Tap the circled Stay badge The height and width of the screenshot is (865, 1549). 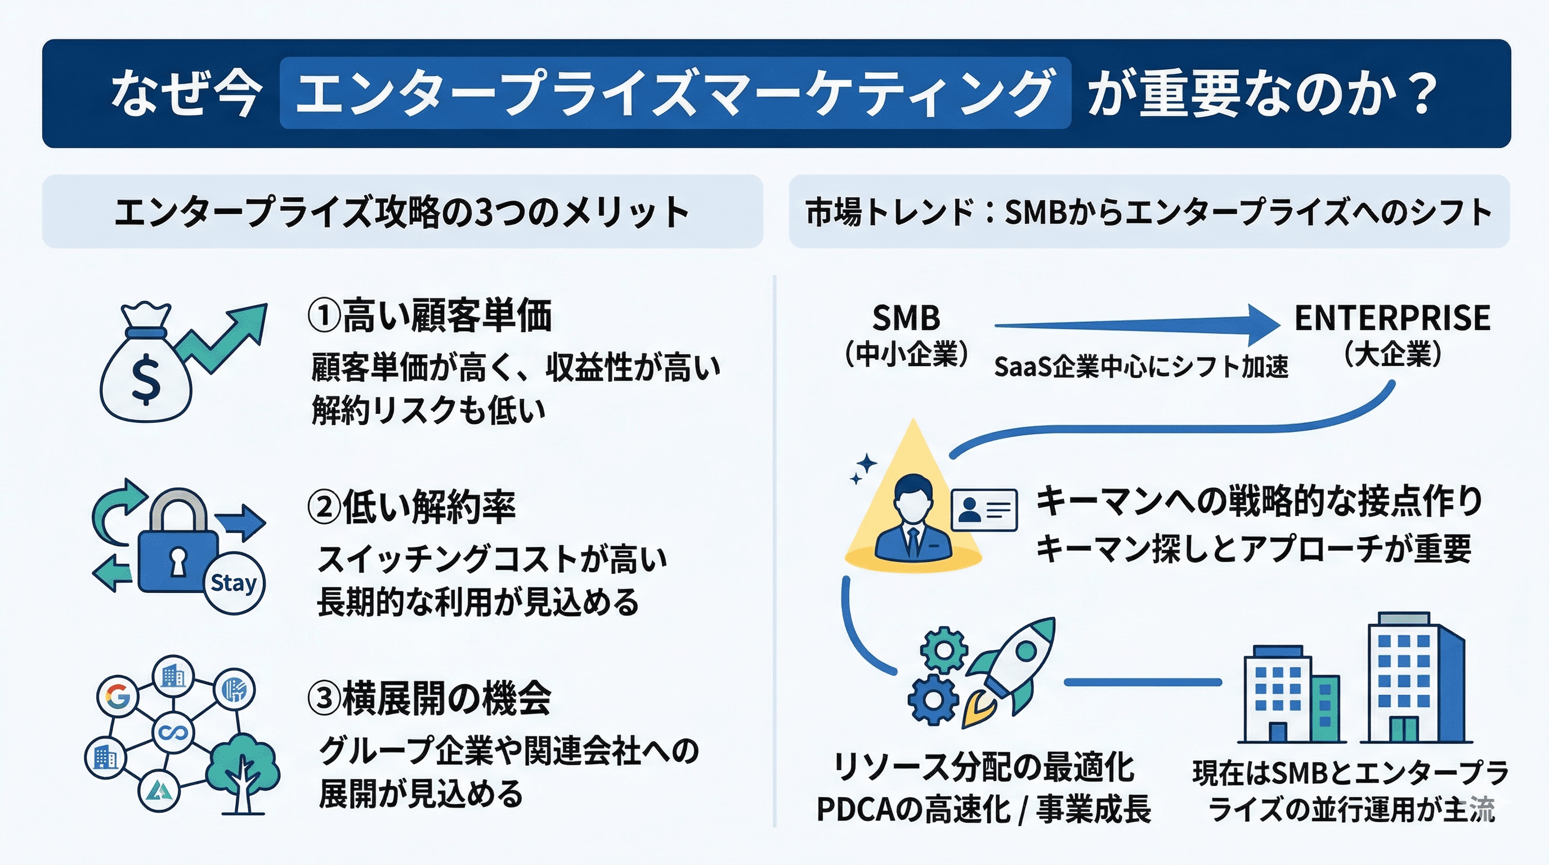(x=234, y=583)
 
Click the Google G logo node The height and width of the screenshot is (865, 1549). (x=118, y=696)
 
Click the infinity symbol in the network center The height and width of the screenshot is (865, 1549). (x=173, y=733)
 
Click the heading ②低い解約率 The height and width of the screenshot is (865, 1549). (x=412, y=506)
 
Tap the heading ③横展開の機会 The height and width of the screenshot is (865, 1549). (x=429, y=698)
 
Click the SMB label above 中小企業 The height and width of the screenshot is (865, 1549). (x=906, y=318)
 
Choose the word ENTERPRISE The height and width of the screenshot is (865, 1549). (x=1392, y=318)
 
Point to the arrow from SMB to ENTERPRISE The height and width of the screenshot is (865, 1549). (x=1136, y=325)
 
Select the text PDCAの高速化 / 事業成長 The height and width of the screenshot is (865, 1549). (x=983, y=809)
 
